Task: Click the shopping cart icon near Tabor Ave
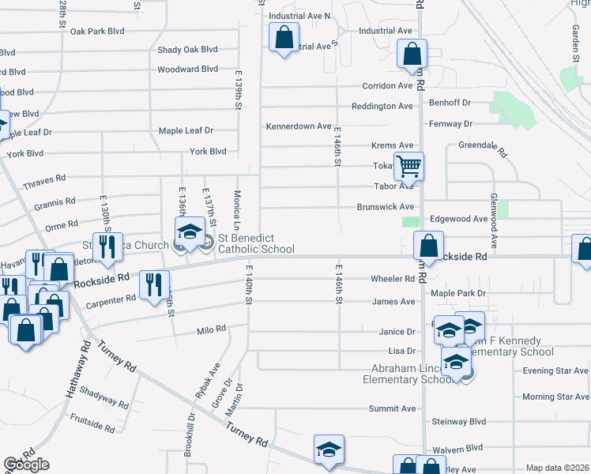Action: pos(408,167)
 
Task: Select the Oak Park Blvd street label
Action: pos(98,32)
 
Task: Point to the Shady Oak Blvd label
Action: pos(187,49)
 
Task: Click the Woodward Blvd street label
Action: pos(187,70)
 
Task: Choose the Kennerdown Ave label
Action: pos(299,126)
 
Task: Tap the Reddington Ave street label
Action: pos(382,106)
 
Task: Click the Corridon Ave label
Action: pos(388,86)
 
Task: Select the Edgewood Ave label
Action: pos(458,219)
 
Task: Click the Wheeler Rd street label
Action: pos(393,279)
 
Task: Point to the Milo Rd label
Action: pos(212,329)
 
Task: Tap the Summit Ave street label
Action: pos(393,408)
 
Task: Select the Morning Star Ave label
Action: pos(555,397)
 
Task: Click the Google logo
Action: pos(26,465)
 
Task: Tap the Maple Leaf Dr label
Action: pos(186,130)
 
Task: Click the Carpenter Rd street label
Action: pos(111,300)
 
